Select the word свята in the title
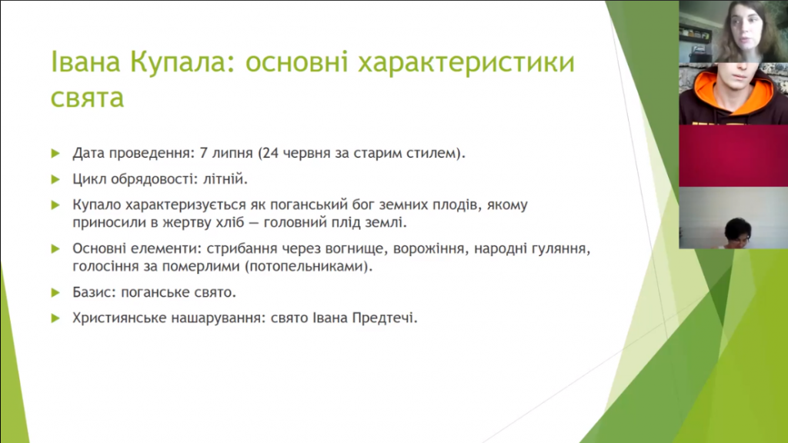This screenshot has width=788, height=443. [x=87, y=97]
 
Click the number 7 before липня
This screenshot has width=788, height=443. [x=203, y=153]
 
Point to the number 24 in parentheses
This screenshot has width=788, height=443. [x=270, y=153]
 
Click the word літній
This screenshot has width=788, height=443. [x=225, y=178]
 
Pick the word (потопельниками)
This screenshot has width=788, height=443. [x=309, y=266]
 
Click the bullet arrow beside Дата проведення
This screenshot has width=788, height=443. [x=55, y=153]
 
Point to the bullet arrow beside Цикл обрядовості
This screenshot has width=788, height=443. [x=55, y=179]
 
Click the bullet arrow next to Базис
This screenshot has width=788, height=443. [x=55, y=292]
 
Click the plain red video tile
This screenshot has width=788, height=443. [x=733, y=155]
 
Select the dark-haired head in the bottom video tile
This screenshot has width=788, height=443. [x=737, y=231]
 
